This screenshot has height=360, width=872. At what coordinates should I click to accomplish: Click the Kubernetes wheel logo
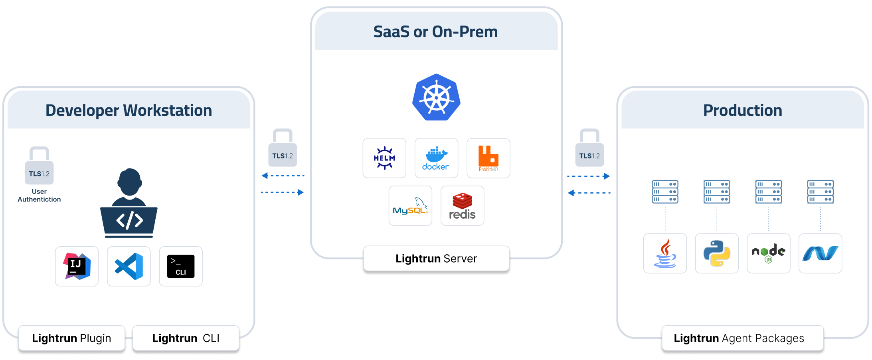point(436,97)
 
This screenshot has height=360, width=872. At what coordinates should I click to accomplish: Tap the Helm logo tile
point(384,158)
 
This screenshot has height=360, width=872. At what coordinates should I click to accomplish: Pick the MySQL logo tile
point(410,206)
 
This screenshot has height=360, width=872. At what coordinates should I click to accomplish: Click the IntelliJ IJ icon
point(77,266)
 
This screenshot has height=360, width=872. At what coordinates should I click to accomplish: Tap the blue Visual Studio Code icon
point(129,266)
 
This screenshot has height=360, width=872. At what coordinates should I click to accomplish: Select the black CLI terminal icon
point(181,266)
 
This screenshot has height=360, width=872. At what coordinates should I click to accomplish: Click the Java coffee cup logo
point(665,253)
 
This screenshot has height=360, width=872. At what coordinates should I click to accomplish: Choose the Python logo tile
point(717,253)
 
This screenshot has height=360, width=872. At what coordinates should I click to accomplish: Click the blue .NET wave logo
point(821,253)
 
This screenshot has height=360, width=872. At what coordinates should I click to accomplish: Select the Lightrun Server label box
point(436,259)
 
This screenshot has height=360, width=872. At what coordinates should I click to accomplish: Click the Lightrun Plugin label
point(71,338)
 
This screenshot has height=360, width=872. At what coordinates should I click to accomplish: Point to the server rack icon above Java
point(665,192)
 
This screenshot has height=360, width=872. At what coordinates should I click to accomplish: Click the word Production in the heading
point(742,111)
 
